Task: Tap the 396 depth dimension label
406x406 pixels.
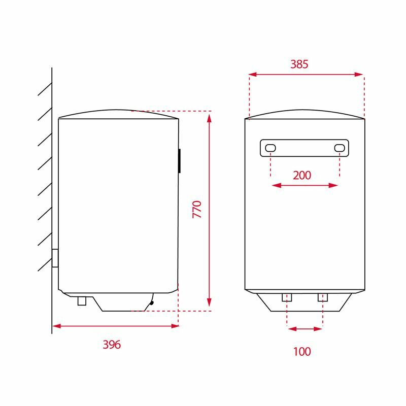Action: (112, 345)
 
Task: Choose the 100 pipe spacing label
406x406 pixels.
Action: (301, 351)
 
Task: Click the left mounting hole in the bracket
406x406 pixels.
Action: (270, 148)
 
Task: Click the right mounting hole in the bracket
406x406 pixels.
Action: (339, 148)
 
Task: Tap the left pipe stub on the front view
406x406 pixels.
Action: (287, 297)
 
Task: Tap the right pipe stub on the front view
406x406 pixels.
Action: (323, 297)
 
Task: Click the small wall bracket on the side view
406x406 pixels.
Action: (55, 258)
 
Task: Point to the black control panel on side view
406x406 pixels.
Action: (180, 161)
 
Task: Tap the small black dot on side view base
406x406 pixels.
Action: (151, 303)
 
